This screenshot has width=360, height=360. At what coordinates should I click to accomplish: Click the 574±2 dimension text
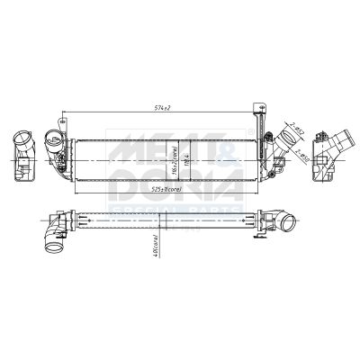(163, 109)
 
